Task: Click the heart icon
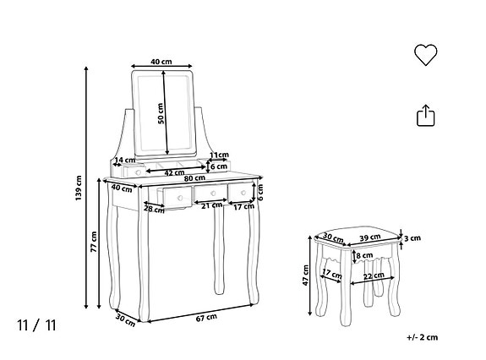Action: point(425,55)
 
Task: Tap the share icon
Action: point(425,115)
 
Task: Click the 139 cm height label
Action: point(79,188)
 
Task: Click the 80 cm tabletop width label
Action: point(194,178)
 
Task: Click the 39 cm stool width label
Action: point(370,237)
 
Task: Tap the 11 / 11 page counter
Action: point(36,324)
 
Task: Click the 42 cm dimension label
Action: point(175,172)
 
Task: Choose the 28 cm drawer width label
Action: point(153,208)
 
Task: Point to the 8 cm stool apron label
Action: point(364,255)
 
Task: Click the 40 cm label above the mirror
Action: point(161,62)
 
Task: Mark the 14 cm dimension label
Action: point(125,160)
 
